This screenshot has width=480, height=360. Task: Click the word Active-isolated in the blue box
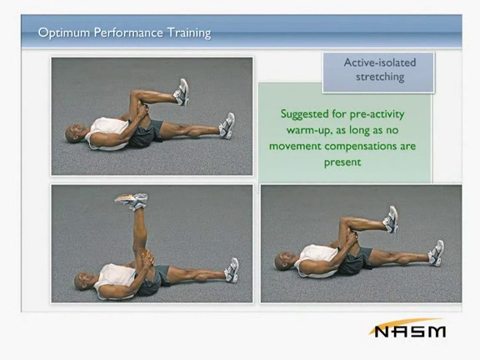(x=380, y=62)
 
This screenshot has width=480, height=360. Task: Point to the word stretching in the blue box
(x=380, y=77)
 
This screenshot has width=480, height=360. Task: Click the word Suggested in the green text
(x=305, y=114)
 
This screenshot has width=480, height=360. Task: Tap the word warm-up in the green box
(x=310, y=130)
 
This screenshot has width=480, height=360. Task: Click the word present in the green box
(x=342, y=162)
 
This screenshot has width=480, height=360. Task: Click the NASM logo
(x=407, y=328)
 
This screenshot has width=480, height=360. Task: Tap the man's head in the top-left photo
(x=74, y=133)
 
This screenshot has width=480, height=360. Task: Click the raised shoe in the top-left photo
(x=182, y=92)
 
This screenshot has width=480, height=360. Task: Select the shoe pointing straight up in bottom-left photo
(x=132, y=201)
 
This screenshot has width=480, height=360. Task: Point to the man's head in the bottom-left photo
(x=82, y=281)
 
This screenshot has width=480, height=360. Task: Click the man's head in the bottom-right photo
(x=283, y=261)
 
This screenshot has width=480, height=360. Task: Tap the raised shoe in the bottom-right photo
(x=391, y=219)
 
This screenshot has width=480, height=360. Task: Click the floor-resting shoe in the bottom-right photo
(x=436, y=252)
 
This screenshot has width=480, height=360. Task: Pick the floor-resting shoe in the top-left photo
(x=227, y=126)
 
